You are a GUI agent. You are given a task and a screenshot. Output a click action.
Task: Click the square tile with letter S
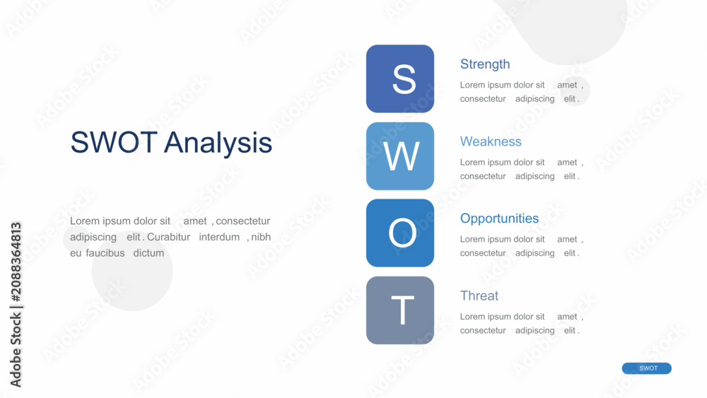(x=400, y=78)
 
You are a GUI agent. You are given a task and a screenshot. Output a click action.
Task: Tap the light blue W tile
(x=400, y=156)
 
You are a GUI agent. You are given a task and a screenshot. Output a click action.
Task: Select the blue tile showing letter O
(x=400, y=233)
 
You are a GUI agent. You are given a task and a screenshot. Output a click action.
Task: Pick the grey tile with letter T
(x=400, y=310)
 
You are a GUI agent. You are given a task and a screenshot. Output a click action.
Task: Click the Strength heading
(x=485, y=64)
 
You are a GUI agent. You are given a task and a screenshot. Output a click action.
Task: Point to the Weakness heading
(x=491, y=141)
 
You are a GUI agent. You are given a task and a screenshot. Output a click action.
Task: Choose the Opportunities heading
(x=499, y=218)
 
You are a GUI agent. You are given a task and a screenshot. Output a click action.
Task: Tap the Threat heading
(x=479, y=295)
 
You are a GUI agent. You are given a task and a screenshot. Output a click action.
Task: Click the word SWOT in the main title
(x=114, y=142)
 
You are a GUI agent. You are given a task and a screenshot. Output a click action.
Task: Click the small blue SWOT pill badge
(x=647, y=368)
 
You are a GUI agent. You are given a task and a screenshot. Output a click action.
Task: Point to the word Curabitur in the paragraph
(x=169, y=237)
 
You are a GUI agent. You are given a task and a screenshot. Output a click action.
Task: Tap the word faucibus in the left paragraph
(x=105, y=253)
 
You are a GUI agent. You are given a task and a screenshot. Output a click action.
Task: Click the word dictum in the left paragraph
(x=148, y=253)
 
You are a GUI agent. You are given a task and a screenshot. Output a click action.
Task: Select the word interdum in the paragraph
(x=219, y=237)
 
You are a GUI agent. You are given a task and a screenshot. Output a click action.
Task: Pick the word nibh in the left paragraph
(x=261, y=237)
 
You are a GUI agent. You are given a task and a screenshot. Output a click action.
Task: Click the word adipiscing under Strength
(x=534, y=99)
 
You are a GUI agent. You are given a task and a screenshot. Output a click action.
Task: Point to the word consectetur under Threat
(x=483, y=330)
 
